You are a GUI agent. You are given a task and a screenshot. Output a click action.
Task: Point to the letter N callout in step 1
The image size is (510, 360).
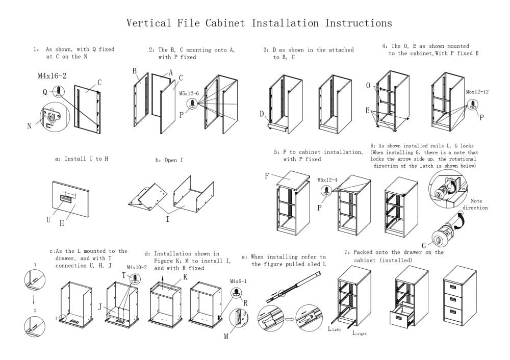(x=29, y=126)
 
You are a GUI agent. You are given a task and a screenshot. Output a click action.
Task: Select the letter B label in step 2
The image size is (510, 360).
(x=135, y=71)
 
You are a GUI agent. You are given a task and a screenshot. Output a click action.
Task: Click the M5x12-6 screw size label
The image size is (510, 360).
(x=189, y=93)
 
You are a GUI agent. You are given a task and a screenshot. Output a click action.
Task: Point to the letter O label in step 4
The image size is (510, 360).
(x=368, y=85)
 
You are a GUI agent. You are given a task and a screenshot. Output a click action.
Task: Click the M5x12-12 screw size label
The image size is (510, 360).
(x=477, y=92)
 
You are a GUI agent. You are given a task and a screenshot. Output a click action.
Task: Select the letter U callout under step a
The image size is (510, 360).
(x=48, y=219)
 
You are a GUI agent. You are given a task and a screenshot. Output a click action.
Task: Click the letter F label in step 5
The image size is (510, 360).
(x=266, y=176)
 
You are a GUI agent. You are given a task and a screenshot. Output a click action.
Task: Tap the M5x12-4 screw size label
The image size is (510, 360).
(x=327, y=180)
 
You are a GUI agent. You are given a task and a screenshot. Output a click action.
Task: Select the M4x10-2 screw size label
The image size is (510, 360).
(x=137, y=267)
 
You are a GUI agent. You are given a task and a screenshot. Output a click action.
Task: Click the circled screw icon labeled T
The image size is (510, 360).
(x=136, y=278)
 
